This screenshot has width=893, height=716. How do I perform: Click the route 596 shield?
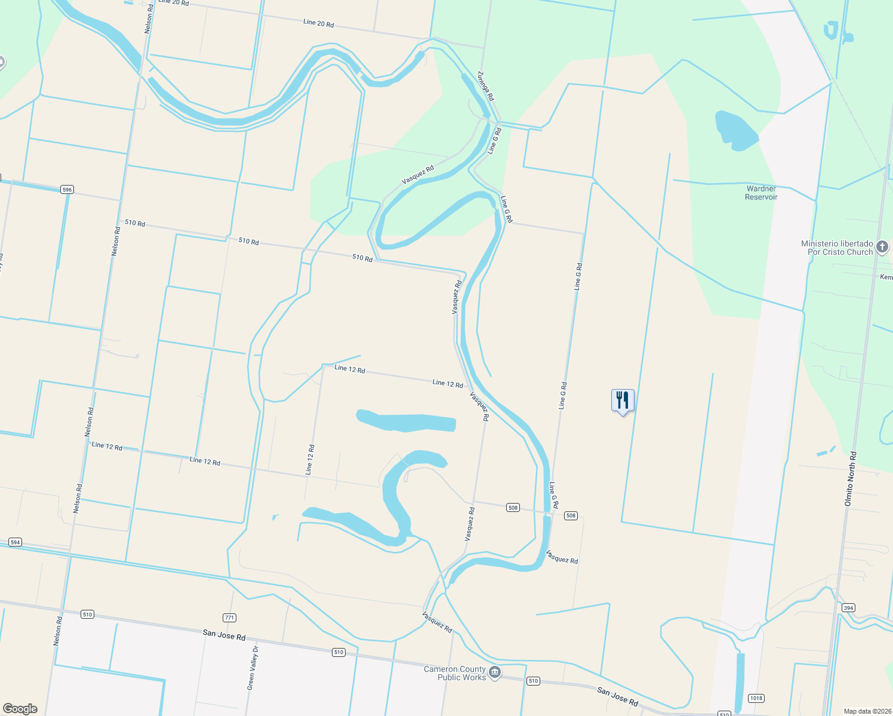click(x=67, y=190)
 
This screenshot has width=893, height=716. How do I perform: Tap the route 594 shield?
click(x=15, y=542)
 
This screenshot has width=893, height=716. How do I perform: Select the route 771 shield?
click(x=229, y=618)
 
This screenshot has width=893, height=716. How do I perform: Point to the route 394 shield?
click(x=848, y=607)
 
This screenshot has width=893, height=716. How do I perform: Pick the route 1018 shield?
click(x=756, y=698)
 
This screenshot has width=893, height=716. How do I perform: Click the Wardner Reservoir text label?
click(x=761, y=193)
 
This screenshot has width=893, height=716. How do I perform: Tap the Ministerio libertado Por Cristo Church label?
click(x=837, y=248)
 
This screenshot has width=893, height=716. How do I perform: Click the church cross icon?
click(x=882, y=246)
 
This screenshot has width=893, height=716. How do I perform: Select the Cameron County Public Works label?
click(x=455, y=673)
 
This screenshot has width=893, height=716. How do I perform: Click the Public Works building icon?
click(x=495, y=672)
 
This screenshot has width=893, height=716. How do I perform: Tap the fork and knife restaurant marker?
click(x=623, y=400)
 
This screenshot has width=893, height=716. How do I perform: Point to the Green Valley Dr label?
click(x=253, y=668)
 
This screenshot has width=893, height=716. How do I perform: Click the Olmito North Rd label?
click(x=851, y=479)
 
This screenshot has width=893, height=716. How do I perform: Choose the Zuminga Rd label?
click(x=486, y=86)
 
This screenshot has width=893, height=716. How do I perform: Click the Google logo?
click(x=20, y=708)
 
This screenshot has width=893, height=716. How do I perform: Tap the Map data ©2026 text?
click(x=866, y=711)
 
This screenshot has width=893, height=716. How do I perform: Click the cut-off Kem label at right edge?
click(x=886, y=277)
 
